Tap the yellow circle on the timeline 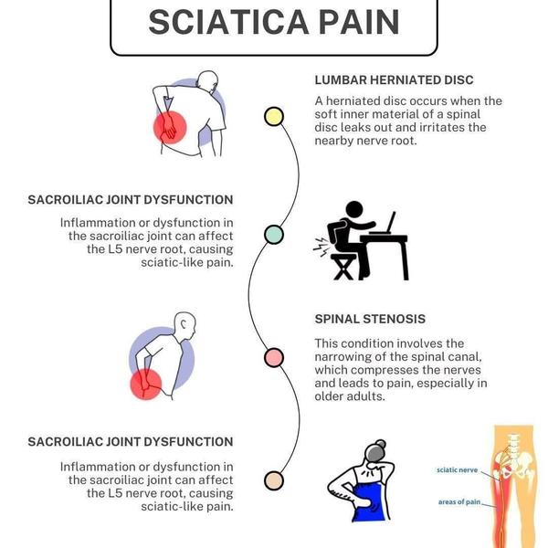(273, 116)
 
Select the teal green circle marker (273, 235)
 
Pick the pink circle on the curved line (273, 357)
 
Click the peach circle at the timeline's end (273, 479)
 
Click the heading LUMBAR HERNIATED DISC (393, 80)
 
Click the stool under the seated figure (343, 267)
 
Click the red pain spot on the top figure (169, 129)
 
